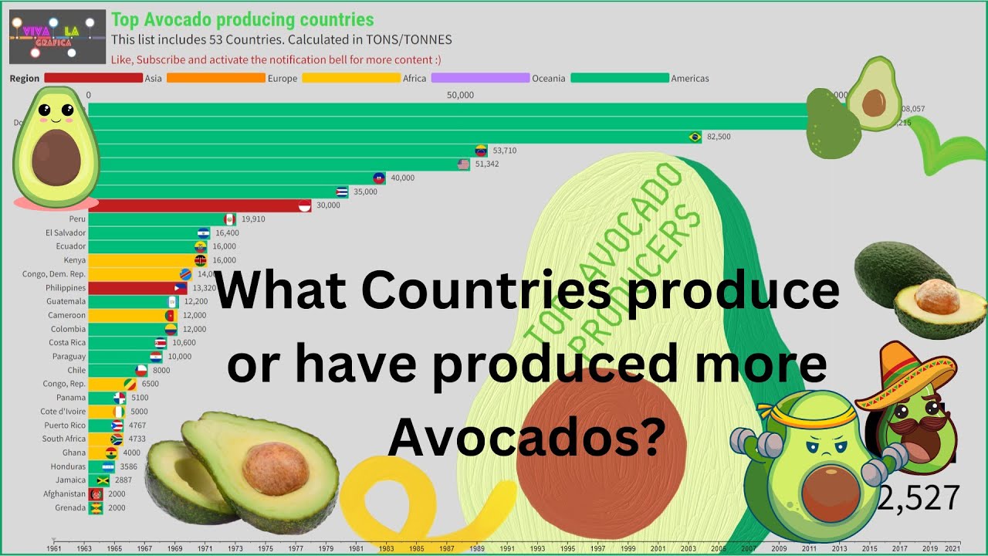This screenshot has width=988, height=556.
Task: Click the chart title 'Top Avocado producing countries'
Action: coord(242,20)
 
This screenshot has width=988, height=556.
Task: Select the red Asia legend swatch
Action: coord(93,78)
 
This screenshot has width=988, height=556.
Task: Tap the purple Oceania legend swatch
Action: coord(480,78)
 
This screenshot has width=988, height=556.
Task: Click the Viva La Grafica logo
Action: coord(57,36)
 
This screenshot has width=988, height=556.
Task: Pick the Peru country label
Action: coord(77,219)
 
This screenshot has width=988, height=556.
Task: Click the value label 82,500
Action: coord(719,137)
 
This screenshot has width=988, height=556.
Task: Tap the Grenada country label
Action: coord(69,508)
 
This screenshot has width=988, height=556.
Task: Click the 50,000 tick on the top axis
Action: coord(461,95)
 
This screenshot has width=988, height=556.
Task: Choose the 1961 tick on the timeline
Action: coord(54,548)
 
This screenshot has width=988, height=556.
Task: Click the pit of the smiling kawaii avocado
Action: coord(56,156)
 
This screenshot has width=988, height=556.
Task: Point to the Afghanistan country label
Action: coord(64,494)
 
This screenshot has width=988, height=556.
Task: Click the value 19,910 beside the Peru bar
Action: coord(253,219)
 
